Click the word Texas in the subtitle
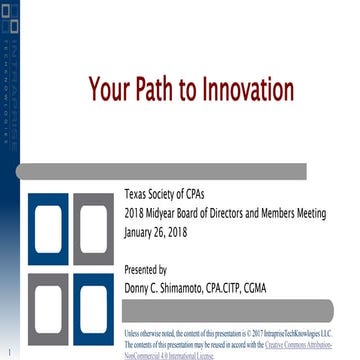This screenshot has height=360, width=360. pyautogui.click(x=138, y=193)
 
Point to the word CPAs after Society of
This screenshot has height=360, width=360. pyautogui.click(x=216, y=193)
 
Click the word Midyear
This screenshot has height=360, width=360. pyautogui.click(x=171, y=213)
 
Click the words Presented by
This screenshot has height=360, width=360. pyautogui.click(x=145, y=269)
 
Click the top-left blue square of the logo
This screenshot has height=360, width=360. pyautogui.click(x=46, y=229)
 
